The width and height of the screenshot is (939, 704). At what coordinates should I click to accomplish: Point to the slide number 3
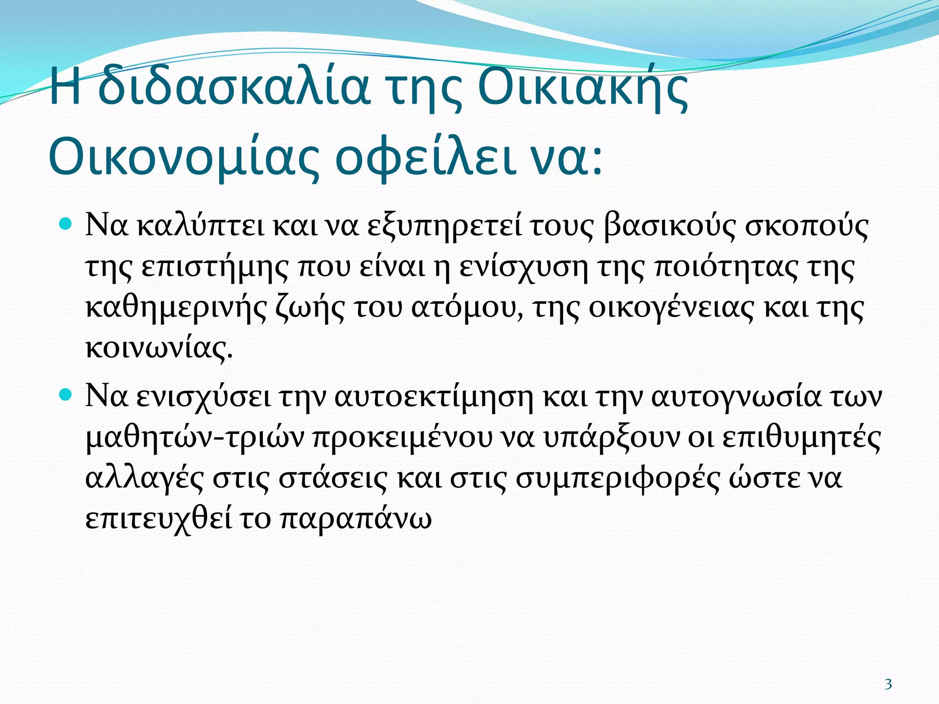[888, 684]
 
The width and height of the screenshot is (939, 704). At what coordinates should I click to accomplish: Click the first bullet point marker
[66, 225]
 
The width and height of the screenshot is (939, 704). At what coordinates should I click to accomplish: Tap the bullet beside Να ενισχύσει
[66, 394]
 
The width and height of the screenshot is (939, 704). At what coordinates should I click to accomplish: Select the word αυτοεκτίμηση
[434, 397]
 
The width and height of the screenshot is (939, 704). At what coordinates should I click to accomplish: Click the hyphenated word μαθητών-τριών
[195, 438]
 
